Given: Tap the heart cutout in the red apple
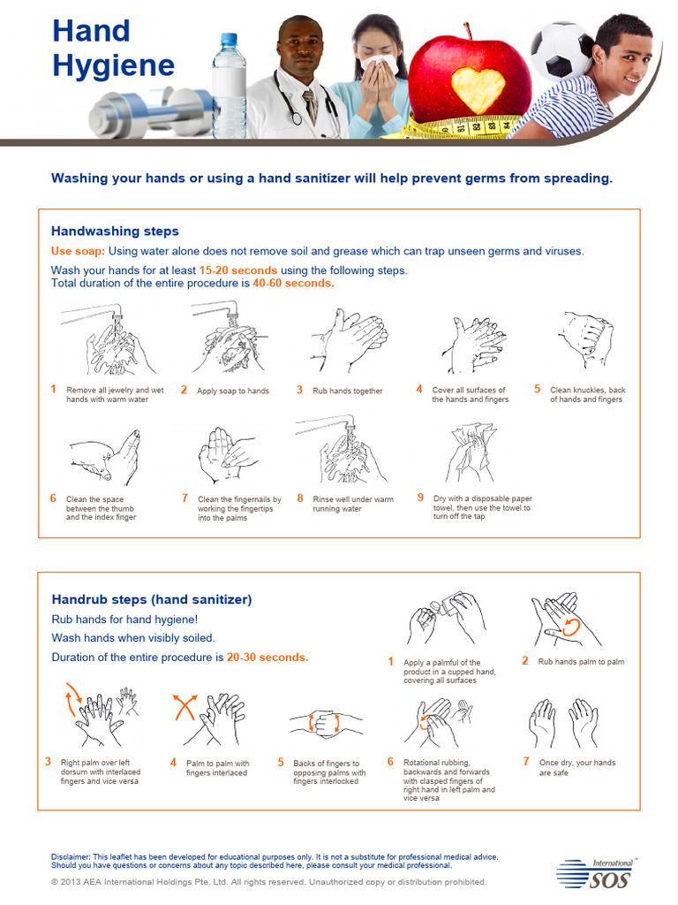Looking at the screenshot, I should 478,89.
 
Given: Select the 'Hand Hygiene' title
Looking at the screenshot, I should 112,48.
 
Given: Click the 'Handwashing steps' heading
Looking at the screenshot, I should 115,232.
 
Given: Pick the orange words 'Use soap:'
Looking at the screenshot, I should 77,251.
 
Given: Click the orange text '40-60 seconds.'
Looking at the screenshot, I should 293,284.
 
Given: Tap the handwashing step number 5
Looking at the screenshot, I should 537,389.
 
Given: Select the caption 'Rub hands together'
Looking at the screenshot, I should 348,391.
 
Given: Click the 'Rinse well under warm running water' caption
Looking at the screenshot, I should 352,505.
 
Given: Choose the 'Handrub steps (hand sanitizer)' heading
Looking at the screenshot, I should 152,599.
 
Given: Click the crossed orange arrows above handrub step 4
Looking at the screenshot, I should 184,708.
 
